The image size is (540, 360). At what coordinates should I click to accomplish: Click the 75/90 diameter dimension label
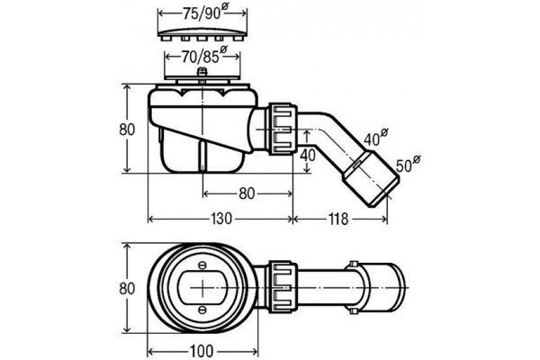pyautogui.click(x=204, y=13)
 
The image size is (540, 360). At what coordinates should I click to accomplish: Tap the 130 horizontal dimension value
pyautogui.click(x=220, y=219)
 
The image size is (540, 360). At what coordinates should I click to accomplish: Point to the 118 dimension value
pyautogui.click(x=338, y=219)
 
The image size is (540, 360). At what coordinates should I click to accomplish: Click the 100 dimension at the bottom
pyautogui.click(x=202, y=351)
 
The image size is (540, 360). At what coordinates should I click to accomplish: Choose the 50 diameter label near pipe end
pyautogui.click(x=408, y=164)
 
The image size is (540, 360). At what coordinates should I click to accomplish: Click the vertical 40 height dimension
pyautogui.click(x=307, y=155)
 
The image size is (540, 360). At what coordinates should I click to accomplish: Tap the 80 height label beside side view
pyautogui.click(x=127, y=130)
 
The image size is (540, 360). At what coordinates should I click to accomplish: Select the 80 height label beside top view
pyautogui.click(x=127, y=289)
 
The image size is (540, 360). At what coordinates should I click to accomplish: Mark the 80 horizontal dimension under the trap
pyautogui.click(x=247, y=193)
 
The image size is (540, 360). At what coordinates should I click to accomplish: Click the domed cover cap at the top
pyautogui.click(x=202, y=34)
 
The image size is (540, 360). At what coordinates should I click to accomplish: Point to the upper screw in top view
pyautogui.click(x=202, y=265)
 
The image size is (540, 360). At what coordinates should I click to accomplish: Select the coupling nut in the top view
pyautogui.click(x=283, y=287)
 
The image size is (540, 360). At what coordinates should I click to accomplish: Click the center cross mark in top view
pyautogui.click(x=203, y=287)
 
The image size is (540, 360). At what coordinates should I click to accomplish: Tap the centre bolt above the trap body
pyautogui.click(x=202, y=74)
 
